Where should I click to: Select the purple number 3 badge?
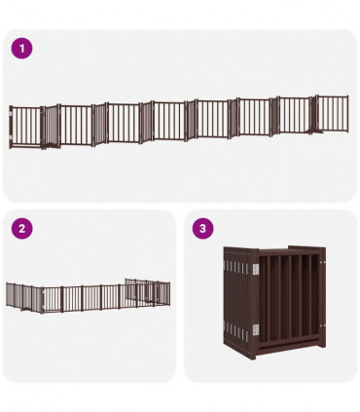pos(202,229)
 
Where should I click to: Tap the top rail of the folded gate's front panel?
pos(286,252)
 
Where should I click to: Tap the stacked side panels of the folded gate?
pos(238,302)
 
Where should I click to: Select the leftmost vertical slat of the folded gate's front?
pos(264,302)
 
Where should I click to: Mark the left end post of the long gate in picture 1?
pos(12,128)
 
